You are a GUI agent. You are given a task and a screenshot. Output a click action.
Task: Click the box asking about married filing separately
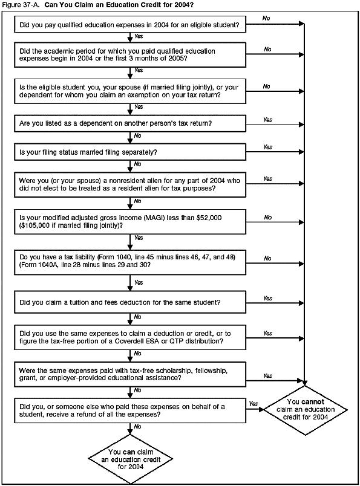click(130, 151)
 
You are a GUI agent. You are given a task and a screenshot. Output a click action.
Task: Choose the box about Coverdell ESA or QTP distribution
click(130, 337)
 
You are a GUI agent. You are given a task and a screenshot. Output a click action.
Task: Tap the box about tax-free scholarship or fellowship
click(130, 372)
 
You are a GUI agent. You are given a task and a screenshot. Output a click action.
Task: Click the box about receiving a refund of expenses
click(130, 410)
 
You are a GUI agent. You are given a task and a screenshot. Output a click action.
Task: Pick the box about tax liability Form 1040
click(130, 262)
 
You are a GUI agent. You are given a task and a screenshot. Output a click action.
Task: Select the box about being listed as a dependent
click(130, 123)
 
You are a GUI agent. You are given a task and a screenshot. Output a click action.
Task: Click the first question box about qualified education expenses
click(130, 26)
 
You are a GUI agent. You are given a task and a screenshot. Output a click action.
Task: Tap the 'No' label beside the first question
click(267, 18)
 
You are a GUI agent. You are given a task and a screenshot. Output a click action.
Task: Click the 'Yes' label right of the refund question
click(253, 403)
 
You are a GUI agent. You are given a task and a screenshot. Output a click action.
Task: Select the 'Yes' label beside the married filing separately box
click(267, 147)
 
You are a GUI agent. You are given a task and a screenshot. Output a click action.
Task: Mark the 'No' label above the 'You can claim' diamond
click(138, 427)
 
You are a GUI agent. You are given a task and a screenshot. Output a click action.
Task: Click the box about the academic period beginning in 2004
click(130, 56)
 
